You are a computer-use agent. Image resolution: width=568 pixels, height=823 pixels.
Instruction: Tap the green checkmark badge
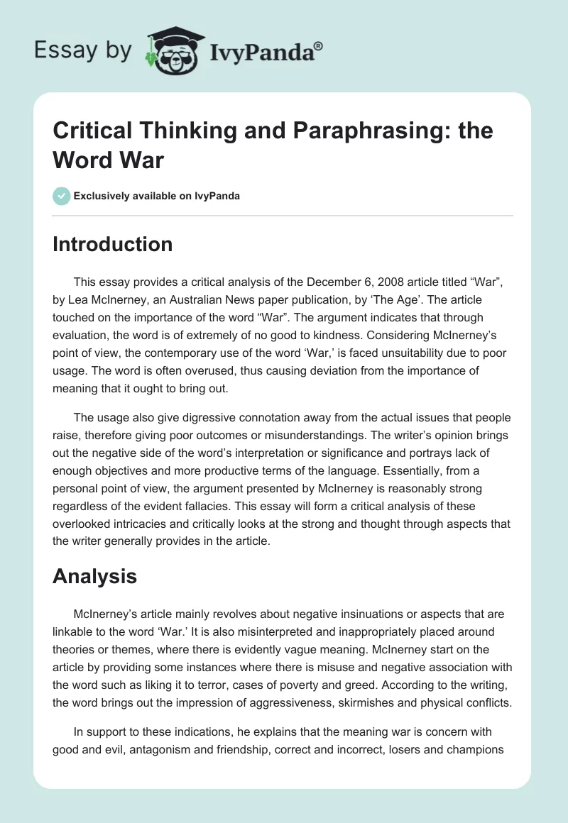coord(61,196)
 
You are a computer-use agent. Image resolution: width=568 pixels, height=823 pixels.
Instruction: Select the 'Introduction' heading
coord(112,244)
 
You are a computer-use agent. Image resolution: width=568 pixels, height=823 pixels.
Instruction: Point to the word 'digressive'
coord(186,417)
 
